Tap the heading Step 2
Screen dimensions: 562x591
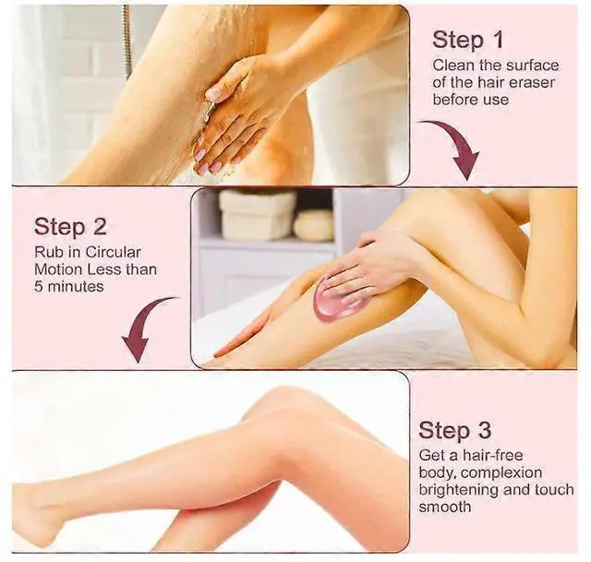point(70,227)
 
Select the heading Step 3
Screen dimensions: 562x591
point(456,430)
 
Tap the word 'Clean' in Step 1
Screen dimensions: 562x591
point(453,65)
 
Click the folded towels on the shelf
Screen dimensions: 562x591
point(257,215)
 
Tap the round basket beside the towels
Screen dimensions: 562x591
point(314,225)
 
